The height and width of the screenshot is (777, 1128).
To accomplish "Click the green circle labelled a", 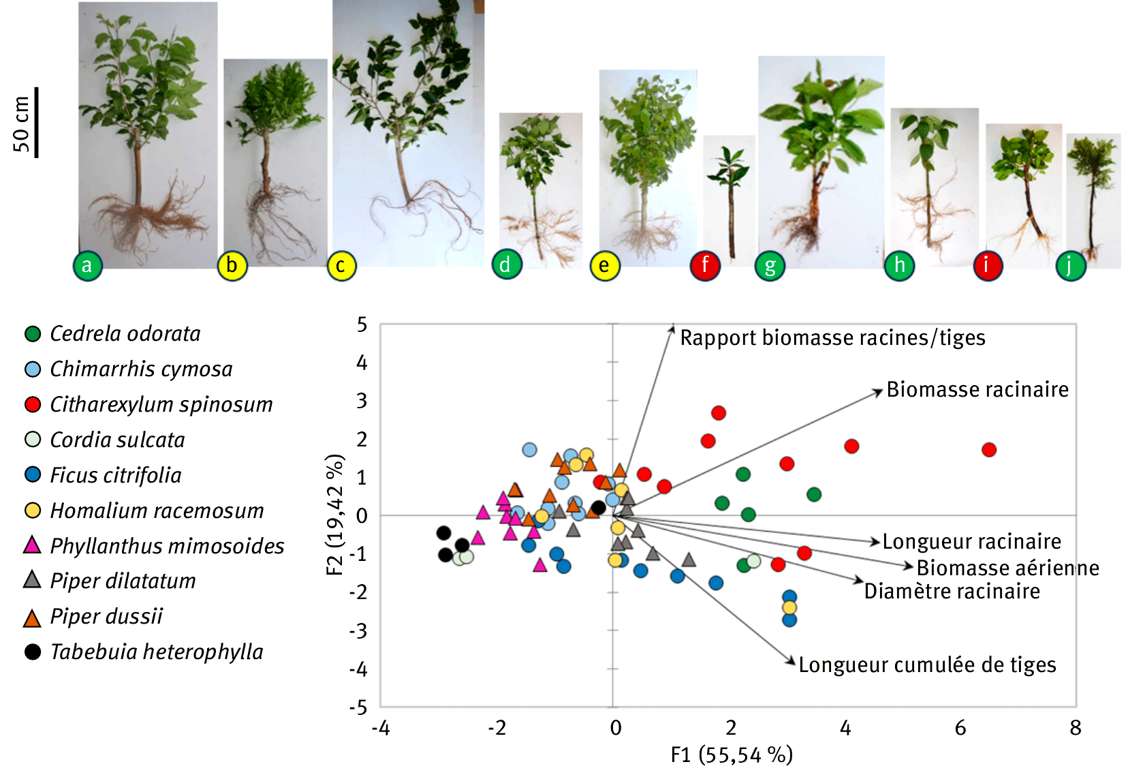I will click(87, 265).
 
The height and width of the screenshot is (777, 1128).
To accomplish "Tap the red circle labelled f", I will click(705, 265).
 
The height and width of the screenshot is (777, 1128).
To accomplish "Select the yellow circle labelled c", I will click(341, 266).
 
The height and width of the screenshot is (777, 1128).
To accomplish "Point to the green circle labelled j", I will click(1071, 266).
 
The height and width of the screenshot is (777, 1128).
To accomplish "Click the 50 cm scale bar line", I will click(36, 123).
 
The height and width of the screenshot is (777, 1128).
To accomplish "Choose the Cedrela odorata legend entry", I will click(125, 334).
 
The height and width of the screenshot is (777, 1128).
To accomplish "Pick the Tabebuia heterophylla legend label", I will click(157, 652).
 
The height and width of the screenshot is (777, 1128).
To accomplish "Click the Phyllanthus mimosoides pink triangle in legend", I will click(32, 545).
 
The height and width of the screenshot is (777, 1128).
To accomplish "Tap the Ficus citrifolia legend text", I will click(116, 475).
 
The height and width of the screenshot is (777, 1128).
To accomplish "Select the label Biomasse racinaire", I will click(977, 390).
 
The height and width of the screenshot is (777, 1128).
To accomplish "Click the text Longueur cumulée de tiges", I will click(927, 665).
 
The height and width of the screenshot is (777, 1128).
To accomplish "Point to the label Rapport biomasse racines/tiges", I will click(832, 338).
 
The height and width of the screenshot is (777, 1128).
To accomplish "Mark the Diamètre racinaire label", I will click(952, 592).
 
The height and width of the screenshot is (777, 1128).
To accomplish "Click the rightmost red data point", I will click(989, 450).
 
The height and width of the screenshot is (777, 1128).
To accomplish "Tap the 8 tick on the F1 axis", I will click(1076, 729).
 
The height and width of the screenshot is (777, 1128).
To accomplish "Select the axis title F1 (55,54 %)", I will click(732, 755).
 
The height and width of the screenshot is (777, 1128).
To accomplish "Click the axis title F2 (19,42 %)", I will click(335, 515).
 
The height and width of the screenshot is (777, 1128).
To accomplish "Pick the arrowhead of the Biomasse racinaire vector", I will click(881, 391).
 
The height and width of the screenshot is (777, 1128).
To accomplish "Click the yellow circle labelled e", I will click(605, 266).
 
